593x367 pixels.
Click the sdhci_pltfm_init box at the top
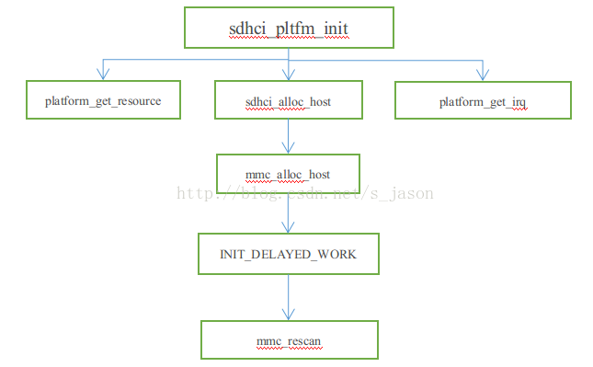289,28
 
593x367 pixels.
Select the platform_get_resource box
102,100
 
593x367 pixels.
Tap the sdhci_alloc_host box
289,100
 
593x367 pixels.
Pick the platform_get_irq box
482,100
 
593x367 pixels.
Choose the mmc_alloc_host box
288,174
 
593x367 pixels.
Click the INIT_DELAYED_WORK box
289,253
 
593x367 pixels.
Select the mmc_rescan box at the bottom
289,340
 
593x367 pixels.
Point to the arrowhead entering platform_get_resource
102,75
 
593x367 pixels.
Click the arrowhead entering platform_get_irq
482,75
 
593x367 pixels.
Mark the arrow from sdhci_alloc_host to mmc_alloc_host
289,136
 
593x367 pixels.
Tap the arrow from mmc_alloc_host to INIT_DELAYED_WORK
289,213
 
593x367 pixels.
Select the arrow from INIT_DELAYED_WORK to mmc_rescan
289,296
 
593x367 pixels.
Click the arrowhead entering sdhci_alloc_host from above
289,75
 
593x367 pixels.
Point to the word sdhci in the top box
246,29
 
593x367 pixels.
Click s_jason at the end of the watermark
406,193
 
